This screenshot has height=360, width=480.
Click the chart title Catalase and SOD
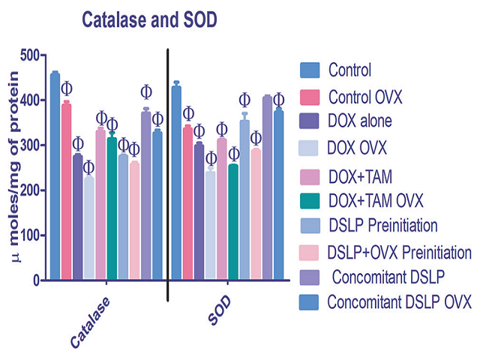point(154,21)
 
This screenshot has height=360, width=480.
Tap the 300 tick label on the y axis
point(28,145)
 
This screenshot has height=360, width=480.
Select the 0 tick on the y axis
point(35,280)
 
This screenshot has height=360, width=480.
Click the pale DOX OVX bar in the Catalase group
point(88,228)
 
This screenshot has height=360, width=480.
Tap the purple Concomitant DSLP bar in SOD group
point(267,187)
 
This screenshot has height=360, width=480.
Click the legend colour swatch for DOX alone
point(310,120)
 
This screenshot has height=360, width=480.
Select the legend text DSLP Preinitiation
point(382,224)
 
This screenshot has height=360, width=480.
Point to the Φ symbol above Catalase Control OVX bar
point(67,88)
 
